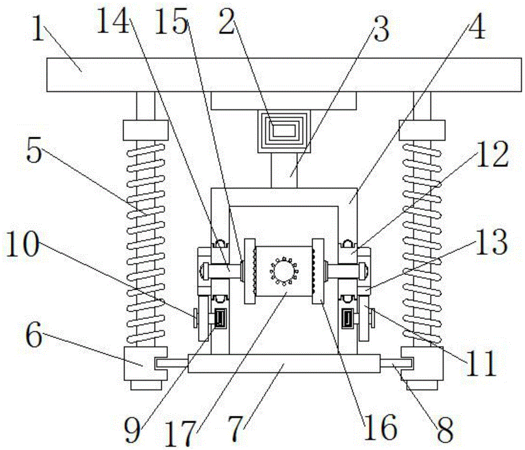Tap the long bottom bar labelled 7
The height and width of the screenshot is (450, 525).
(283, 363)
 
